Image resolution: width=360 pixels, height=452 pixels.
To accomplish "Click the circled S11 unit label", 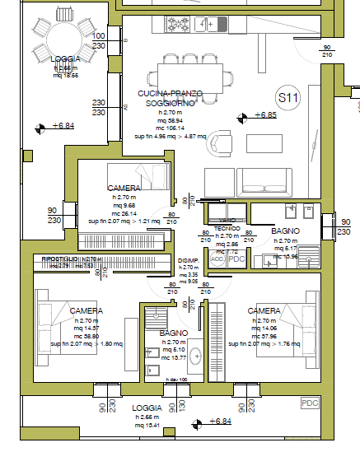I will coord(288,98).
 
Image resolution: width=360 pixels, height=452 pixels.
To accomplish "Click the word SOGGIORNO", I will coord(169,104).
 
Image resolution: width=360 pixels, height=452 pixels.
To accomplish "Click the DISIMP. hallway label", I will coord(188,260).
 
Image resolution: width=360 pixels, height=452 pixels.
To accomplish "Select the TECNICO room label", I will coord(227,227).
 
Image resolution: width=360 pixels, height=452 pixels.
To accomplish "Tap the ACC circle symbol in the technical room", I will coord(217,259).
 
